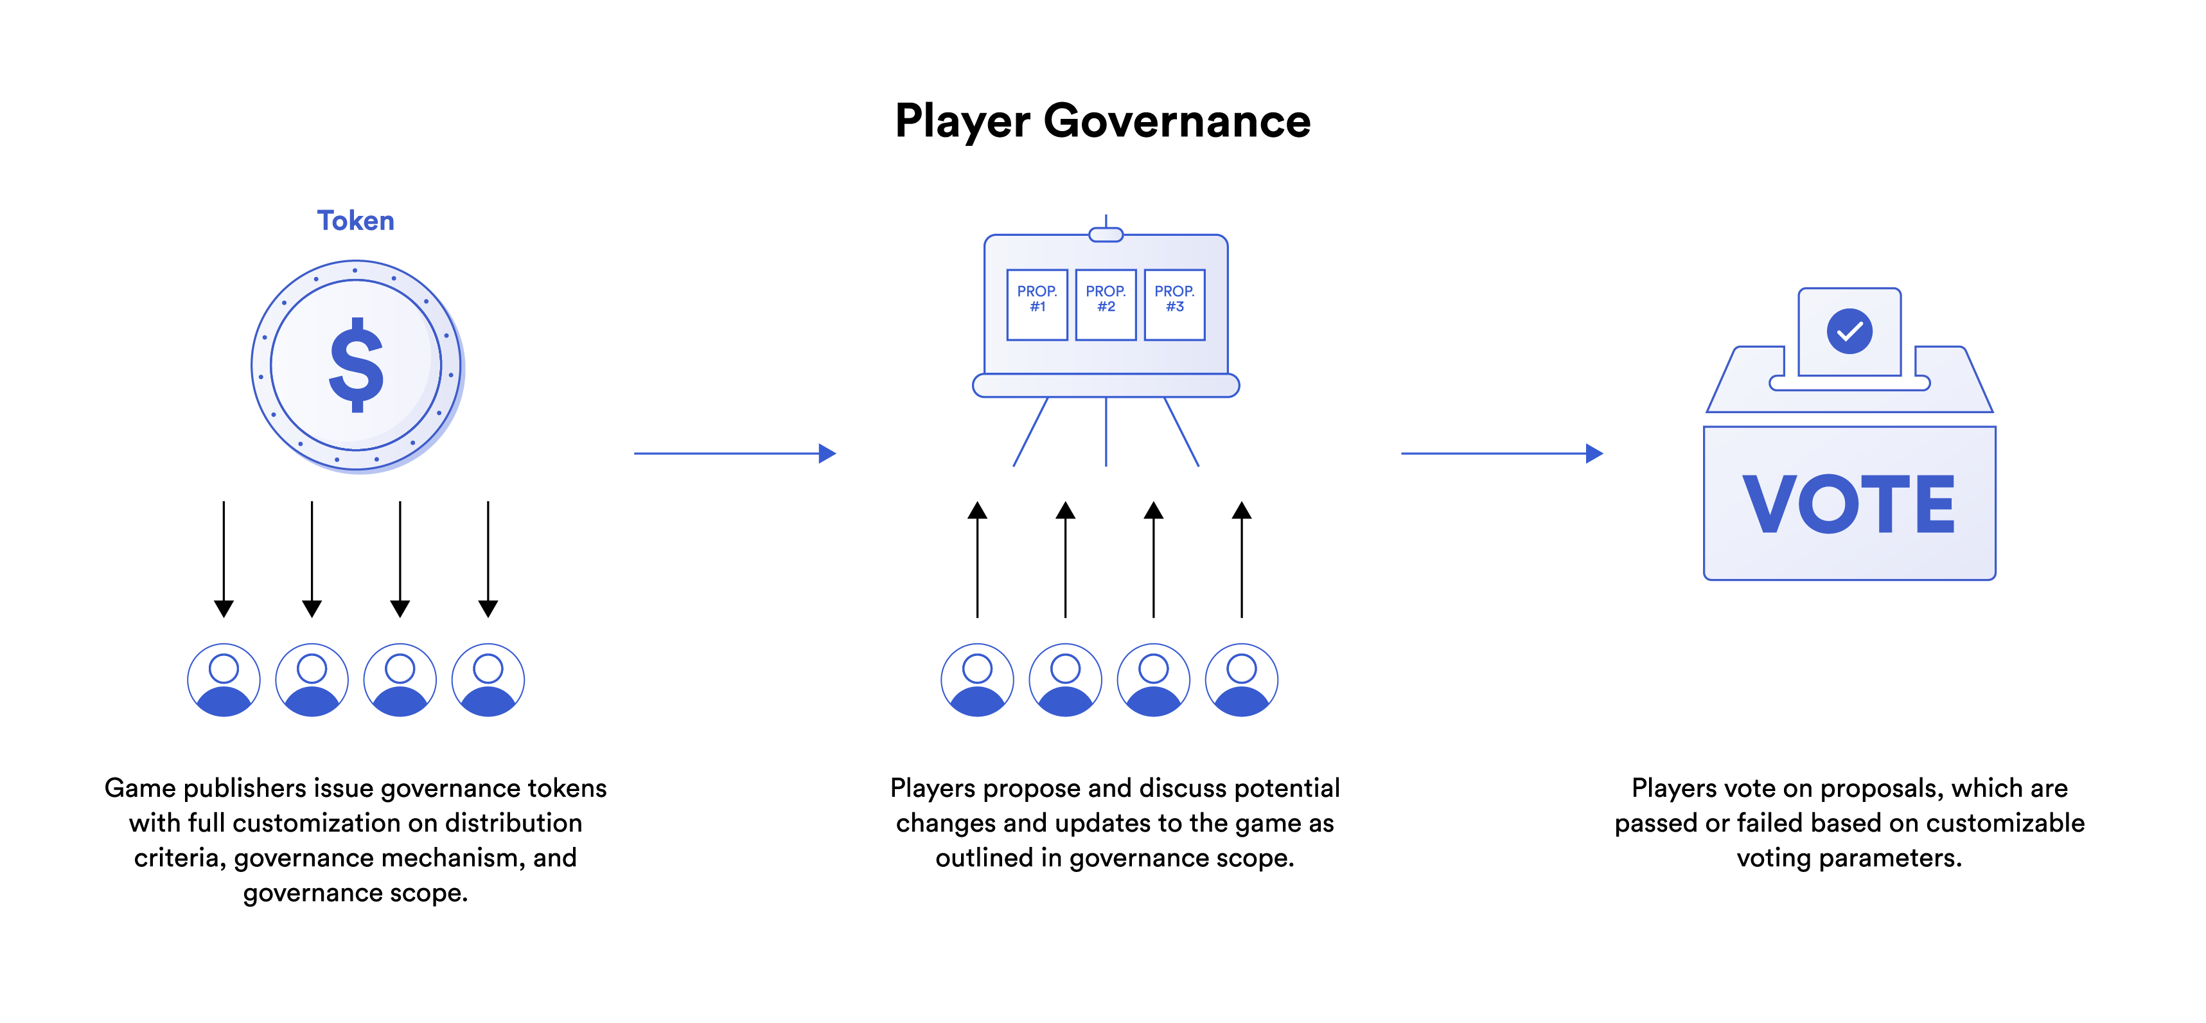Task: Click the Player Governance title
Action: pyautogui.click(x=1102, y=121)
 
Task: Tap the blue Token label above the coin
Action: pyautogui.click(x=355, y=220)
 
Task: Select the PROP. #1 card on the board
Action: pyautogui.click(x=1037, y=304)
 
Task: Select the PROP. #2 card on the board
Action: pyautogui.click(x=1106, y=304)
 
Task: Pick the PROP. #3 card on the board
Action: pyautogui.click(x=1174, y=304)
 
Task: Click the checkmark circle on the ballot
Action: pyautogui.click(x=1849, y=331)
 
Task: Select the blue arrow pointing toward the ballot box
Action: pyautogui.click(x=1501, y=453)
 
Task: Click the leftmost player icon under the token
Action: pyautogui.click(x=224, y=679)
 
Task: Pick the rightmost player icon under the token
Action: pyautogui.click(x=488, y=679)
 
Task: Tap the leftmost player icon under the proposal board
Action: pyautogui.click(x=977, y=679)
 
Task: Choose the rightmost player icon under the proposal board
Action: pyautogui.click(x=1242, y=679)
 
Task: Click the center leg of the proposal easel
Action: pyautogui.click(x=1106, y=432)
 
